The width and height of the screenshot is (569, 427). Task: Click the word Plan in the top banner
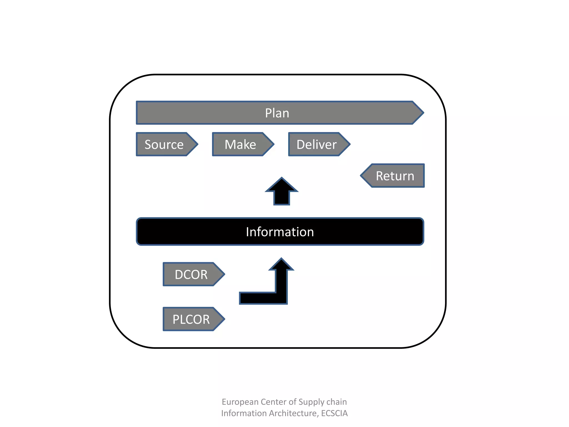click(277, 113)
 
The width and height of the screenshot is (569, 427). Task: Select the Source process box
click(164, 145)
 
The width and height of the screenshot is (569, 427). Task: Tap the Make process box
click(240, 145)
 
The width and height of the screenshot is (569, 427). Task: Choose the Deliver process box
click(316, 145)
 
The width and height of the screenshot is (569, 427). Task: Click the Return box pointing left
click(395, 176)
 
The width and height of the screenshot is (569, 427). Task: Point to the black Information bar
click(280, 232)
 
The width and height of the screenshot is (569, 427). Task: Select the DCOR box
click(191, 275)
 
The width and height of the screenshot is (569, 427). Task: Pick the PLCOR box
click(191, 319)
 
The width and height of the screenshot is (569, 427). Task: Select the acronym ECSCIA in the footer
click(334, 413)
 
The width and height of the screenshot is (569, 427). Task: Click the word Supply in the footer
click(311, 402)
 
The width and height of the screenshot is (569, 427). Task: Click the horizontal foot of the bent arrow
click(258, 298)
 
